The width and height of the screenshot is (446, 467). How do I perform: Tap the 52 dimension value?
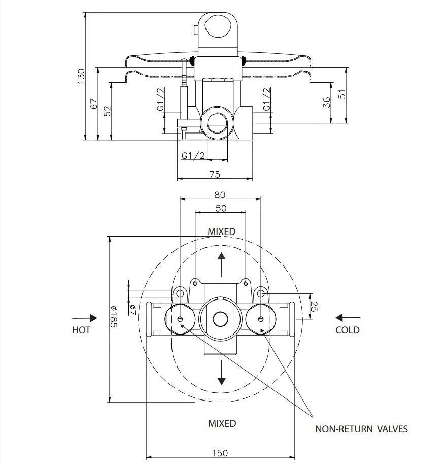point(107,111)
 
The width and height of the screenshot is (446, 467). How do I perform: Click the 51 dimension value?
point(342,95)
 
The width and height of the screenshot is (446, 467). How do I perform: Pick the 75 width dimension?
point(215,174)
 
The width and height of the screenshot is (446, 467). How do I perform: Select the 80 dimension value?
point(219,194)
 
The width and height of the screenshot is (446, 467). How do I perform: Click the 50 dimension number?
point(221,208)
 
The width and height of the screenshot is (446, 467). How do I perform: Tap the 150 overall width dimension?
point(220,453)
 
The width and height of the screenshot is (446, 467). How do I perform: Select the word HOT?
point(81,330)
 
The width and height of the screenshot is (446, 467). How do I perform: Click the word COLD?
point(348,330)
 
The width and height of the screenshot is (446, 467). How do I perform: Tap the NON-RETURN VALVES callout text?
point(361,429)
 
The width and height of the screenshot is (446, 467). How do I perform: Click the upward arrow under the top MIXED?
point(222,263)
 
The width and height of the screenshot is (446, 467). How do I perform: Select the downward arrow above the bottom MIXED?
point(222,374)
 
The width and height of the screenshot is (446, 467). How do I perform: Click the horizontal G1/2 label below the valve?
point(193,155)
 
